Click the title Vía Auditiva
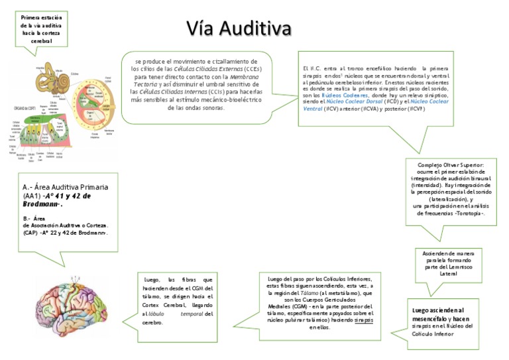(239, 29)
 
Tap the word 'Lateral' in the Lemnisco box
(449, 273)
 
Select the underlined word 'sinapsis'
(364, 320)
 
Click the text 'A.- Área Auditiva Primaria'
(65, 187)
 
